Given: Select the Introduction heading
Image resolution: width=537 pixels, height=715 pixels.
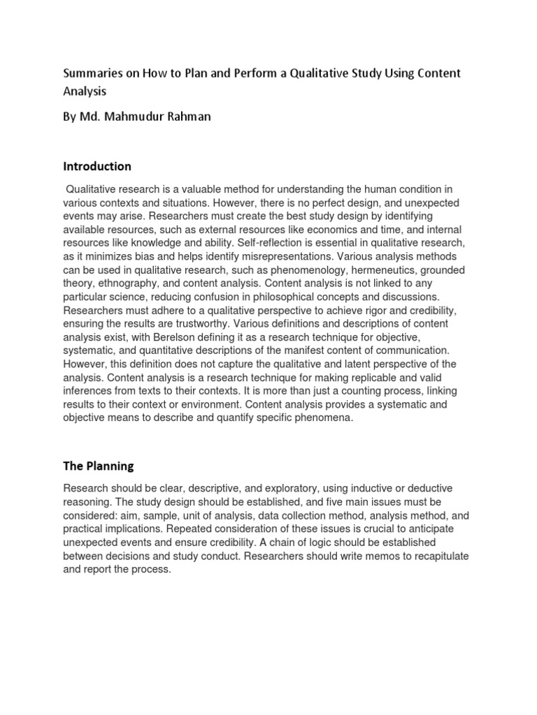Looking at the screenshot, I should [97, 166].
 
